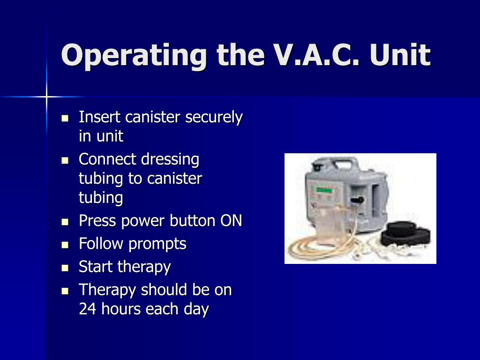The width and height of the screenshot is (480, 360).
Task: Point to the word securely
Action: tap(214, 117)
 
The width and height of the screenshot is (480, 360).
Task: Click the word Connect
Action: tap(107, 159)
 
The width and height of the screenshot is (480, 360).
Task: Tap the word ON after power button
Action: tap(231, 220)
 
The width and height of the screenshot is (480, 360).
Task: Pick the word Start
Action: tap(96, 267)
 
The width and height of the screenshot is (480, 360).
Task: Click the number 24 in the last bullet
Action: tap(87, 309)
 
